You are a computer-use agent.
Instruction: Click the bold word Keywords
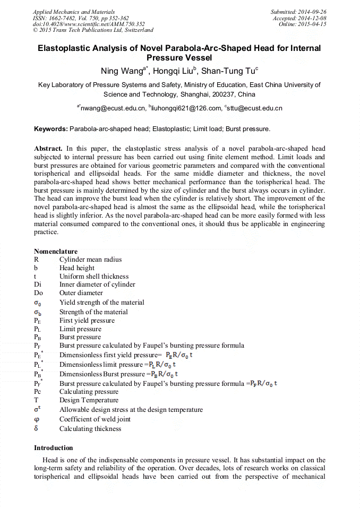pyautogui.click(x=51, y=129)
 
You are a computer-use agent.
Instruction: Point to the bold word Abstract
pyautogui.click(x=48, y=149)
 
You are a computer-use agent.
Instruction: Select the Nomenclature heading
pyautogui.click(x=56, y=252)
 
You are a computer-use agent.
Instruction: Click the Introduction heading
pyautogui.click(x=54, y=448)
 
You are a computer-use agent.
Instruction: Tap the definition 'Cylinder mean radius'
pyautogui.click(x=90, y=260)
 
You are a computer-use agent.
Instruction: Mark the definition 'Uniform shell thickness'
pyautogui.click(x=94, y=277)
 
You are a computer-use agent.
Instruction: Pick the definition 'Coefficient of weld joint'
pyautogui.click(x=95, y=419)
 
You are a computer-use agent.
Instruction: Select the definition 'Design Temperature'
pyautogui.click(x=89, y=400)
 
